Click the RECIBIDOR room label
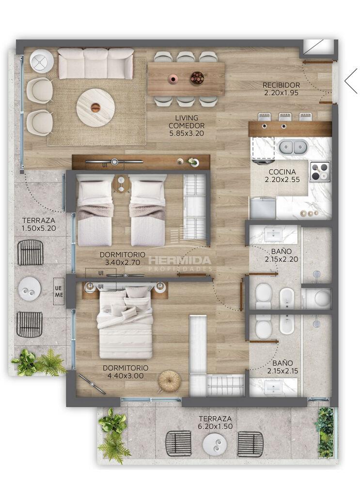[281, 85]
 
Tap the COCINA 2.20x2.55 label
[282, 175]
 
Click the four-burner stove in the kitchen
[319, 171]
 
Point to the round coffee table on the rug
[95, 108]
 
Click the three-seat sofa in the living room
[95, 63]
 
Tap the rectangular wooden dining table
[186, 79]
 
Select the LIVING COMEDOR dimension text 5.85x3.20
[187, 133]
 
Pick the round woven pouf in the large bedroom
[169, 381]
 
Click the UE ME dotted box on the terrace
[59, 291]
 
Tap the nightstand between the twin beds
[121, 184]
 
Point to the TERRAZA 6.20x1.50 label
[215, 422]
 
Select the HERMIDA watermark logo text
[180, 260]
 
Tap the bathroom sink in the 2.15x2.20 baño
[273, 234]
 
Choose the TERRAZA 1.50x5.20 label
[39, 224]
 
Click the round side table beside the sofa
[42, 62]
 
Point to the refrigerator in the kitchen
[262, 208]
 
